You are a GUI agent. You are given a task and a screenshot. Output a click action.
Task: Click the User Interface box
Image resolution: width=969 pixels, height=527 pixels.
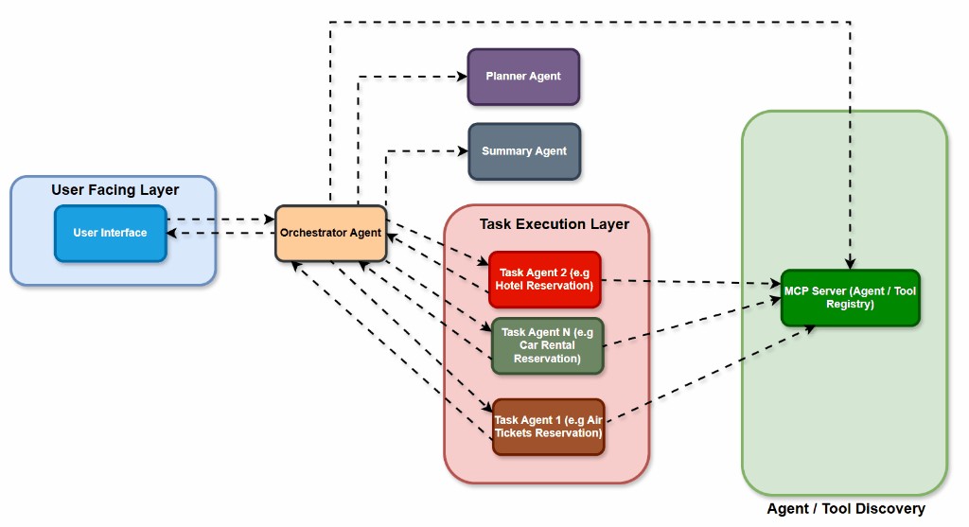pyautogui.click(x=111, y=233)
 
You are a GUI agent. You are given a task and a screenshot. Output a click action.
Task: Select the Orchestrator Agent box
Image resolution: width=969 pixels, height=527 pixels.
pyautogui.click(x=330, y=233)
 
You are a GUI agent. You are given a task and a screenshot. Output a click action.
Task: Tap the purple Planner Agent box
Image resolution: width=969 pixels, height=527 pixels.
pyautogui.click(x=523, y=77)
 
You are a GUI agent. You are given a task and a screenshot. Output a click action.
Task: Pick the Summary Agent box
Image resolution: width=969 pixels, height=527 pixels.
pyautogui.click(x=524, y=151)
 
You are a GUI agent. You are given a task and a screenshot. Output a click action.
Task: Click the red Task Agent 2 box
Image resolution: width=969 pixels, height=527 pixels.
pyautogui.click(x=545, y=279)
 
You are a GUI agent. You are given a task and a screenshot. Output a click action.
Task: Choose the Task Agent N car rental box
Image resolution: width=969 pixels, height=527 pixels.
pyautogui.click(x=547, y=345)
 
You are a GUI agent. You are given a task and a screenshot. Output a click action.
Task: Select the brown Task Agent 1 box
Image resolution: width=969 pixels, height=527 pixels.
pyautogui.click(x=548, y=427)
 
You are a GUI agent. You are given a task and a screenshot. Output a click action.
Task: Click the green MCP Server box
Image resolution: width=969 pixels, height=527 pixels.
pyautogui.click(x=850, y=298)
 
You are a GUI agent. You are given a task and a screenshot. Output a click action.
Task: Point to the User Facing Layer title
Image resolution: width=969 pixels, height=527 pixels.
pyautogui.click(x=115, y=190)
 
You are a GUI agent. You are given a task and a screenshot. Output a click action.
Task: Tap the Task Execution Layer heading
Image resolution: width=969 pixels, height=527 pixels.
pyautogui.click(x=554, y=224)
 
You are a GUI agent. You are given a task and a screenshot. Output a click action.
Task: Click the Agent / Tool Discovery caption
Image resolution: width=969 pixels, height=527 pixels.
pyautogui.click(x=845, y=509)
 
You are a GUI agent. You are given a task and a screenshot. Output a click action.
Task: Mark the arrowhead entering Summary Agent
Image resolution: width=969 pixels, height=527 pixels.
pyautogui.click(x=463, y=150)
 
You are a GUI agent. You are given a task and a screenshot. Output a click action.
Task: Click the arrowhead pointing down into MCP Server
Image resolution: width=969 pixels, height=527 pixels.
pyautogui.click(x=850, y=264)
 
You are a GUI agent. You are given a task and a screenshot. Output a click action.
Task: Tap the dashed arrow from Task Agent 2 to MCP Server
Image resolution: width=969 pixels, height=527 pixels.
pyautogui.click(x=691, y=281)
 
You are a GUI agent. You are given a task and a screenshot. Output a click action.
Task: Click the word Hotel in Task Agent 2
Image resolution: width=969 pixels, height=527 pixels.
pyautogui.click(x=520, y=286)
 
